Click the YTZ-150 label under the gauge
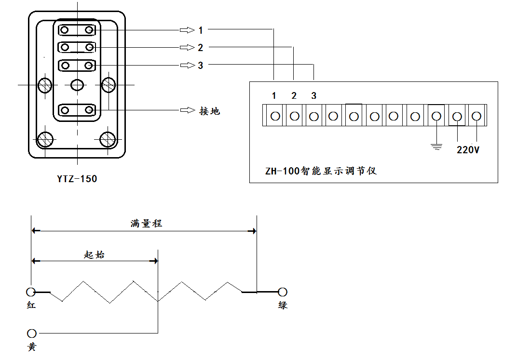point(77,179)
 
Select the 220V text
point(468,150)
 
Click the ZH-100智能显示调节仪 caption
point(321,171)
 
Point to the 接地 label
point(210,111)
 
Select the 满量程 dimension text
point(146,224)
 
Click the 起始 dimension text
point(94,255)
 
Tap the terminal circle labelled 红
point(31,292)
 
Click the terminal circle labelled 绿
point(283,292)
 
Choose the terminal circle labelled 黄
point(32,333)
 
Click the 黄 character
point(32,347)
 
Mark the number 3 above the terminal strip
point(314,96)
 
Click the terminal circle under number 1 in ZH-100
point(275,116)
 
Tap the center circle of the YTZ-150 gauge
point(77,85)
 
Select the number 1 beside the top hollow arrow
point(201,30)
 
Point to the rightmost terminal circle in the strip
point(476,116)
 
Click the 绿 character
point(283,305)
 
